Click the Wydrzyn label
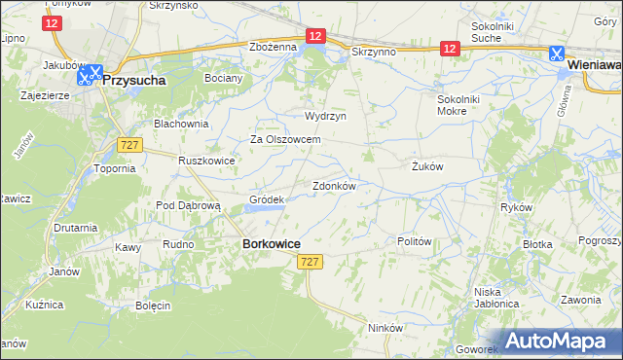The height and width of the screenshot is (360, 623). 326,115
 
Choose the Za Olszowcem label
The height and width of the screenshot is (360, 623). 286,139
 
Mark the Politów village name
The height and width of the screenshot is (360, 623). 415,240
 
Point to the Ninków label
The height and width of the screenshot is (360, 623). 385,328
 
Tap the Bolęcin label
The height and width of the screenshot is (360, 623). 154,306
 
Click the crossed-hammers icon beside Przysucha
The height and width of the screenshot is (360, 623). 89,73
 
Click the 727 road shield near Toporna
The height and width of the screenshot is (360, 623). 130,144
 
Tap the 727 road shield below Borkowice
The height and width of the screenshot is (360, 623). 311,263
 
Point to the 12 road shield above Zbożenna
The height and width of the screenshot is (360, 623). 314,36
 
